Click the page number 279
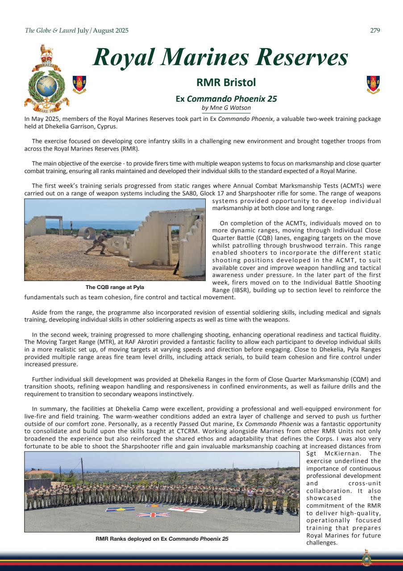pos(375,30)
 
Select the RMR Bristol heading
pos(220,82)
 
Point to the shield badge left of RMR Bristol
pos(79,84)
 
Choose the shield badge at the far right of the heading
pos(373,84)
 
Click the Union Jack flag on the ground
pos(153,514)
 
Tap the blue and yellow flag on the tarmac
pos(120,509)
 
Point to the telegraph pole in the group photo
pos(82,471)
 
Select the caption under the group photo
pos(162,539)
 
